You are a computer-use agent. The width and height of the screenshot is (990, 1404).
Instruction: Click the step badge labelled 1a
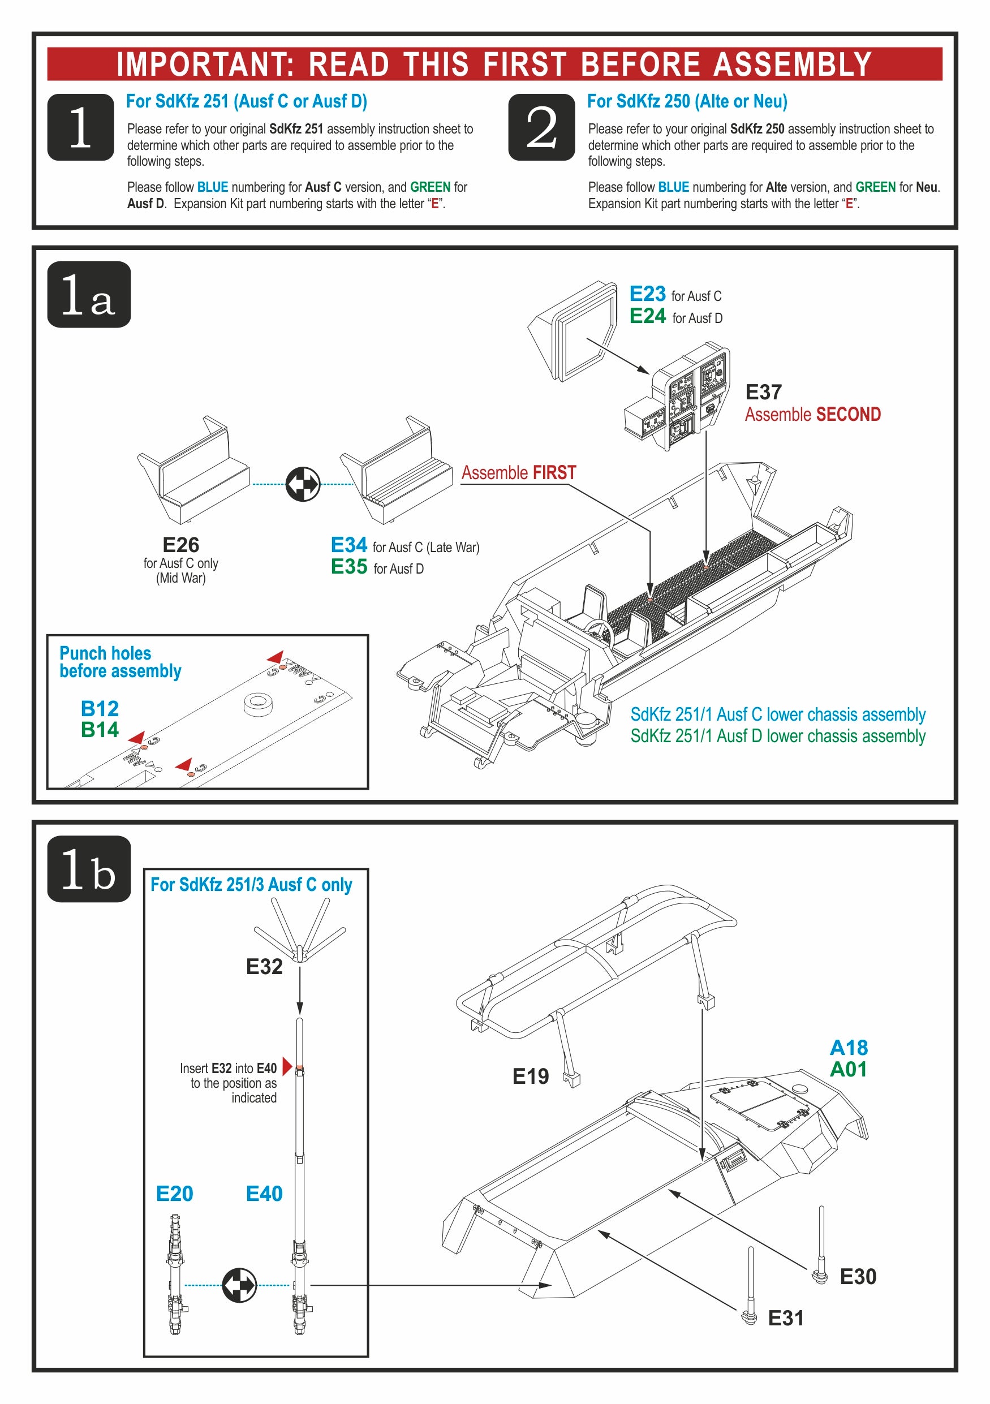[89, 294]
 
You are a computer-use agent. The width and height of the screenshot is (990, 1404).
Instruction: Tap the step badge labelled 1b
[89, 868]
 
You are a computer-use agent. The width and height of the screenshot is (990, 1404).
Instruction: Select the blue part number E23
[648, 294]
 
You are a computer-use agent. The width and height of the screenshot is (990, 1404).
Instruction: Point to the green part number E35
[348, 567]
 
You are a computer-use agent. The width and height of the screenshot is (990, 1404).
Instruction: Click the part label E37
[763, 392]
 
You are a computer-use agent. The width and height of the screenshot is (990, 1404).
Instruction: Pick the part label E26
[180, 545]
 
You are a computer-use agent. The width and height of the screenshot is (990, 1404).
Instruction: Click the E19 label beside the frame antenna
[530, 1076]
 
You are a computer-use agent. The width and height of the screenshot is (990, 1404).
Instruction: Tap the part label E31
[786, 1318]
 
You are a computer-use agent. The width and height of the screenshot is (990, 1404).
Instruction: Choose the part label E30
[858, 1276]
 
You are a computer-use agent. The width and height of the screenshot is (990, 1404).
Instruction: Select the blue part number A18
[848, 1048]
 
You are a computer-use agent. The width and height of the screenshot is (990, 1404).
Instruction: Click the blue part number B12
[100, 709]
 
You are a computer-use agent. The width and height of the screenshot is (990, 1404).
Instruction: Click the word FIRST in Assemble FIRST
[554, 473]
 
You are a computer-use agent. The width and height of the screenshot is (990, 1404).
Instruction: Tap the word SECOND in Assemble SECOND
[848, 415]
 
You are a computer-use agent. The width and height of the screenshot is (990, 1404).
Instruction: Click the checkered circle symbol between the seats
[303, 484]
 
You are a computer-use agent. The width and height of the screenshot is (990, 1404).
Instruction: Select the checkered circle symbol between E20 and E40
[239, 1285]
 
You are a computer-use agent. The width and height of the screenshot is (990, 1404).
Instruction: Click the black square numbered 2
[541, 127]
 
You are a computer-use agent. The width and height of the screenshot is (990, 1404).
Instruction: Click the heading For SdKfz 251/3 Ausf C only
[251, 885]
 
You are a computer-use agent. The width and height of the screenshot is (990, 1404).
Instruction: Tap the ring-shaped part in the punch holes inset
[257, 703]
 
